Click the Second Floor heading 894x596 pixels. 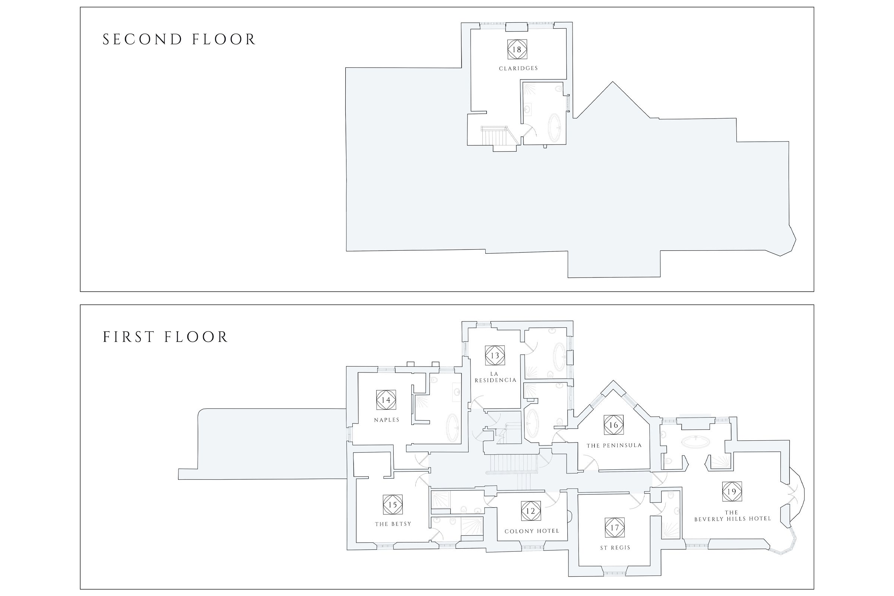[x=179, y=39]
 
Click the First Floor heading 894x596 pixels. [x=165, y=337]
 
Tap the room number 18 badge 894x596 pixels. [x=517, y=50]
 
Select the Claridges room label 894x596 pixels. [x=519, y=69]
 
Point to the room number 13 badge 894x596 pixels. [x=495, y=355]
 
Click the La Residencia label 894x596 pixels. [x=495, y=377]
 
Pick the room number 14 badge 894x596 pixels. [x=386, y=400]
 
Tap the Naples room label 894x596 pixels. [x=387, y=420]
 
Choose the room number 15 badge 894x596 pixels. [x=393, y=505]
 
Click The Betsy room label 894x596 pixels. [x=393, y=524]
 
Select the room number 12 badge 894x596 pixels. [x=531, y=511]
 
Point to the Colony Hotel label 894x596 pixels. [x=532, y=531]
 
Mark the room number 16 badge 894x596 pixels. [x=614, y=425]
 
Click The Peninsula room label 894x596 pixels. [x=614, y=446]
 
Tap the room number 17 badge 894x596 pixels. [x=615, y=527]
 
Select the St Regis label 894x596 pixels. [x=615, y=548]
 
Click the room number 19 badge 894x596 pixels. [x=732, y=491]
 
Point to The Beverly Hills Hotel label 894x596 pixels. [x=732, y=516]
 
